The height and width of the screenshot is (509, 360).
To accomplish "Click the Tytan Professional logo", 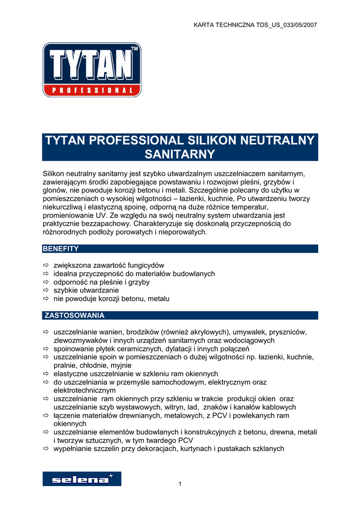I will (92, 70).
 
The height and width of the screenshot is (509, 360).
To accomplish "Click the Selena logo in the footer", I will (82, 479).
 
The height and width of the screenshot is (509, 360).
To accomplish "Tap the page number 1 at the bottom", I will (180, 484).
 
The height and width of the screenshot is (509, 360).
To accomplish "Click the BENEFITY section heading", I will (61, 249).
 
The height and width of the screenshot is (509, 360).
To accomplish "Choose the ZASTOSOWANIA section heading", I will (75, 315).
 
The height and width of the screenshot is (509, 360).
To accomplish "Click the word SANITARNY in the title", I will (180, 154).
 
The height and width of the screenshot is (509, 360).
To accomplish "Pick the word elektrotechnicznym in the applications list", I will (85, 390).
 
